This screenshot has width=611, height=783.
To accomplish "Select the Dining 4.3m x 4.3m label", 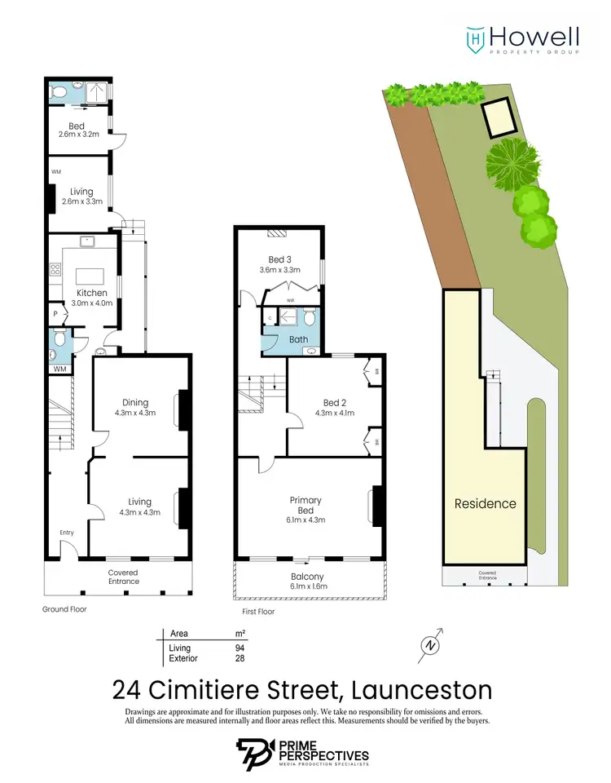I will click(x=135, y=407).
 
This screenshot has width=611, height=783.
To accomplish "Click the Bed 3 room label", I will click(x=279, y=264).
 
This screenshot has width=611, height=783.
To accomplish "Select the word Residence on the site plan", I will click(x=485, y=503).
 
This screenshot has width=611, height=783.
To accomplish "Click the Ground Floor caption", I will click(x=64, y=609).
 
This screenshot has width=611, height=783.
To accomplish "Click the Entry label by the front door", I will click(x=67, y=533).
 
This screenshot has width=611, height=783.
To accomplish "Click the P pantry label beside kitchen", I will click(x=55, y=313).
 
